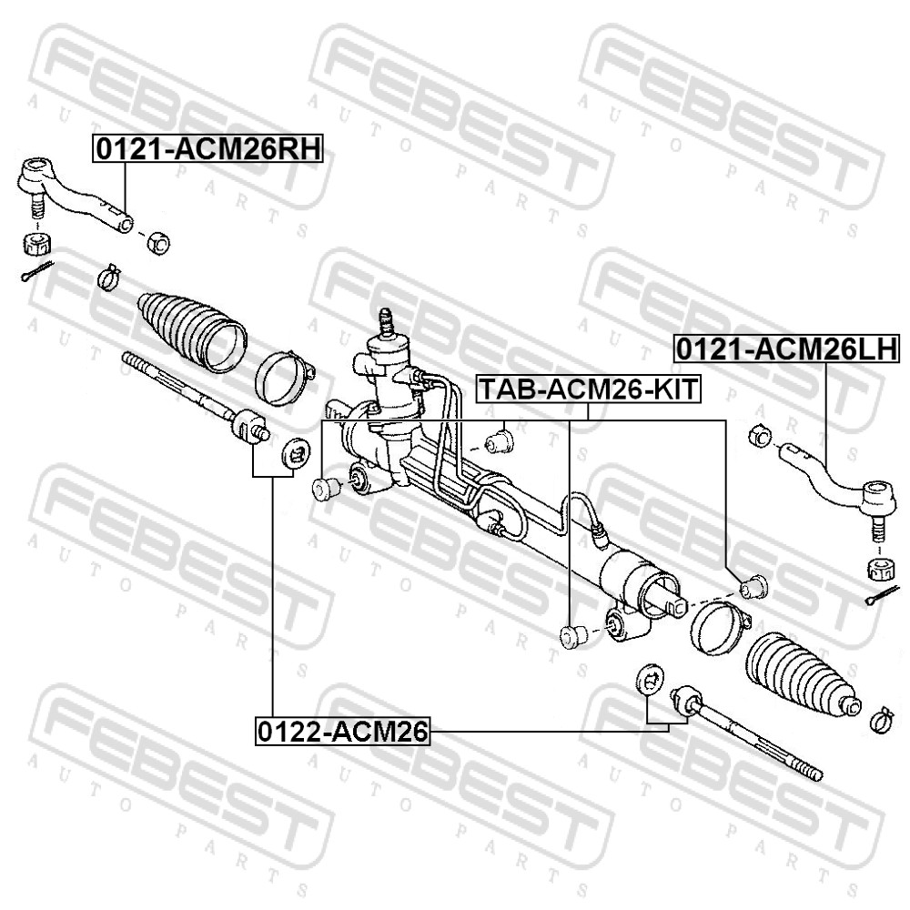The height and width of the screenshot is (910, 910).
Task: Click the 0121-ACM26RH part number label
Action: [207, 149]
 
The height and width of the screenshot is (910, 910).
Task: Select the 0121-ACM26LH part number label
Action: [786, 349]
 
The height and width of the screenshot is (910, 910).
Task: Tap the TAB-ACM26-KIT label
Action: [589, 389]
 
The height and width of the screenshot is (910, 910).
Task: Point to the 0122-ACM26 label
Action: [342, 732]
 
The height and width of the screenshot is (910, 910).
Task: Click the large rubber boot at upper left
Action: [191, 331]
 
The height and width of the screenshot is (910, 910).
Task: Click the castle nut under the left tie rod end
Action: [36, 243]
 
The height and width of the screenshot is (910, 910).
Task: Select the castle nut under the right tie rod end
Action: [884, 568]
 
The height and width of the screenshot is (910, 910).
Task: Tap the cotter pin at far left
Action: [36, 271]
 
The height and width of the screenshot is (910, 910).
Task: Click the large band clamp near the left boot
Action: [284, 379]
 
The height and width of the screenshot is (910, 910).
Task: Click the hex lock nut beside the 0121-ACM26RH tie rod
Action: [157, 242]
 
